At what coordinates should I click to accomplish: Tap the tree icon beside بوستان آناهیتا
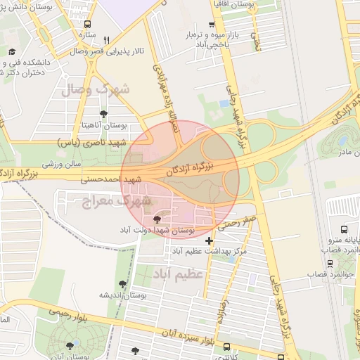coord(104,113)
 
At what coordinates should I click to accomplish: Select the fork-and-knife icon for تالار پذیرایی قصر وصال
coord(106,40)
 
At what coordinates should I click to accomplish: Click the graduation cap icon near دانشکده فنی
coord(12,51)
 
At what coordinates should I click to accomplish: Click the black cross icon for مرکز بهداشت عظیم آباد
coord(209,240)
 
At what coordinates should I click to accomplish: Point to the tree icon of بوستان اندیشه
coord(123,284)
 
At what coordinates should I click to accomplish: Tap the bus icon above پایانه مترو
coord(345,229)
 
